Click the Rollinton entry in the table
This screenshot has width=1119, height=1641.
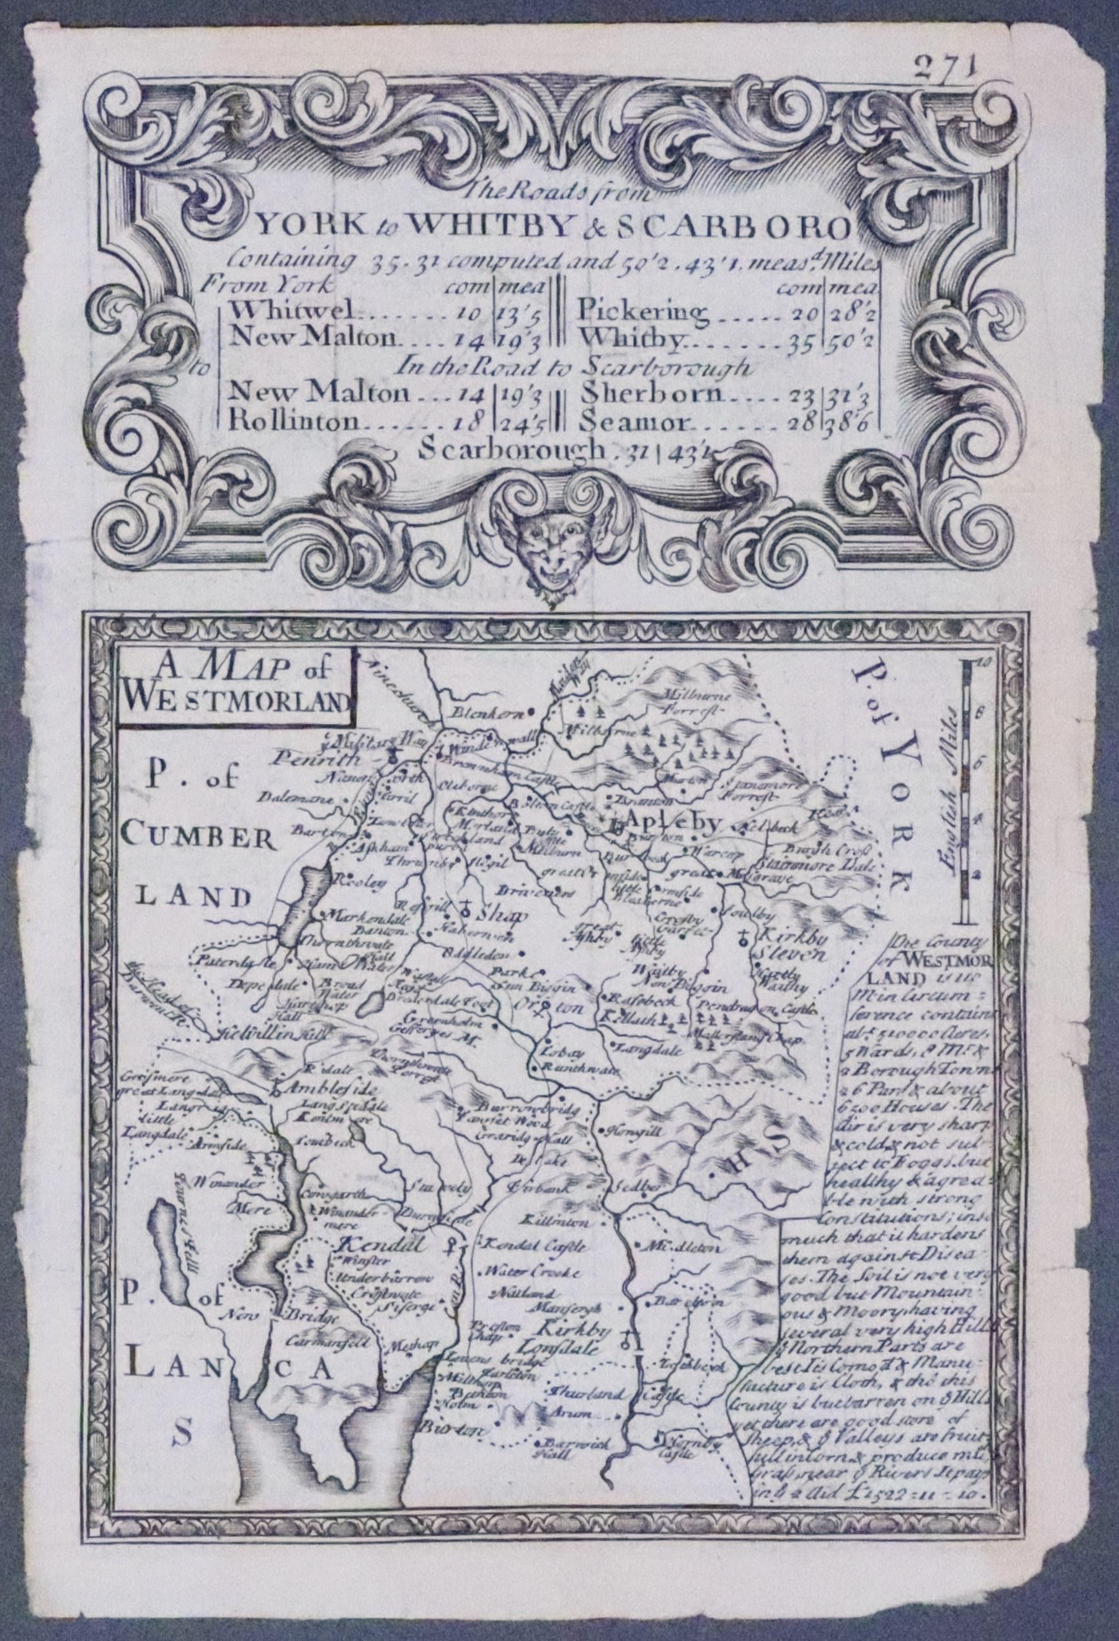293,422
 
